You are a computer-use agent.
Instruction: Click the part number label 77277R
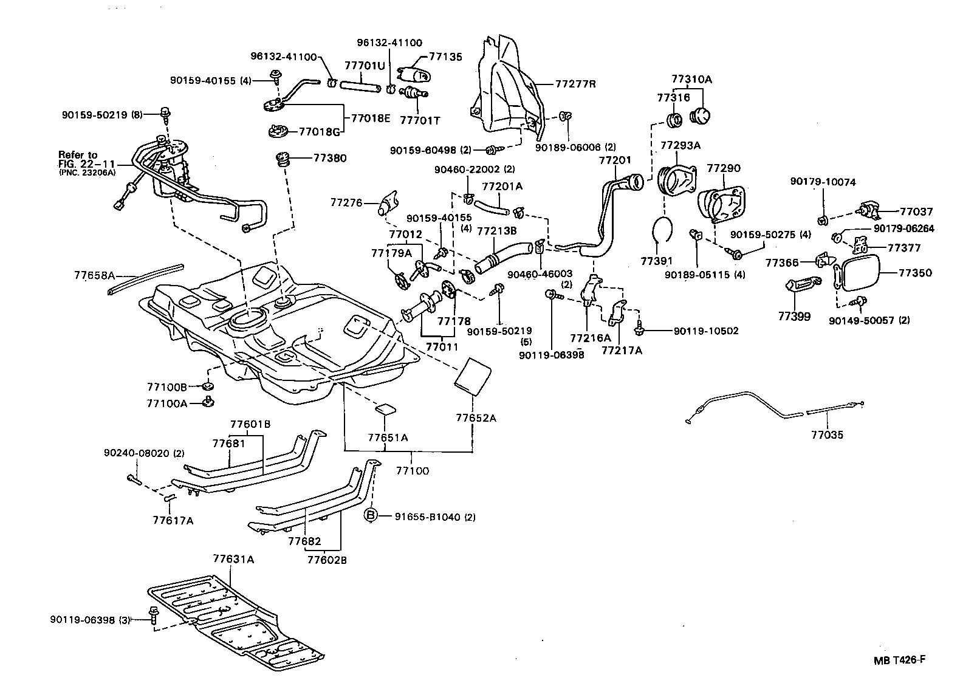coord(574,84)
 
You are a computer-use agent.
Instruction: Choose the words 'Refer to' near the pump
coord(78,155)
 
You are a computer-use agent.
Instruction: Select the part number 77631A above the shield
coord(233,558)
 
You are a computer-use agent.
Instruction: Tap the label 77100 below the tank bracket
coord(412,470)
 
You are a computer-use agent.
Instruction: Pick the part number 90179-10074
coord(823,182)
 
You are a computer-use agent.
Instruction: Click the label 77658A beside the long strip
coord(94,275)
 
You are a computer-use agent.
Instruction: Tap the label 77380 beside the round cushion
coord(330,158)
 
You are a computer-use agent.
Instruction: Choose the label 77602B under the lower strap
coord(327,560)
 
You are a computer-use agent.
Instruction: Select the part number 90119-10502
coord(706,331)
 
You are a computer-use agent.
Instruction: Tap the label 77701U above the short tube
coord(365,65)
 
